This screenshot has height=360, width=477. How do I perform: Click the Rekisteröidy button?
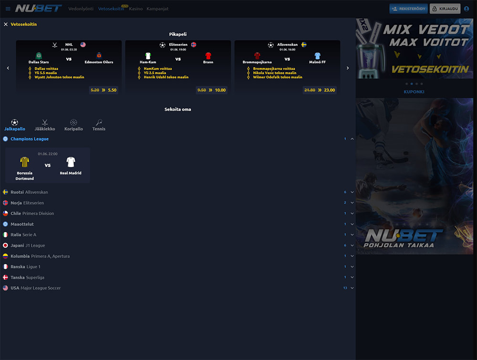click(x=408, y=9)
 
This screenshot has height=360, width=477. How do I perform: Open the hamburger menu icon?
click(x=8, y=9)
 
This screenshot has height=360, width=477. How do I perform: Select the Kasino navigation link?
click(x=136, y=9)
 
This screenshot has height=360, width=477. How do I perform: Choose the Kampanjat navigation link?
click(x=157, y=9)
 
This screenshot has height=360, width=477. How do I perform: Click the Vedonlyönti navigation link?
click(x=81, y=9)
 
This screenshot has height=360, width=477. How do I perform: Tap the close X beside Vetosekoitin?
click(x=6, y=24)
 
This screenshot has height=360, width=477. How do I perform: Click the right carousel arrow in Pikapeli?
click(x=347, y=68)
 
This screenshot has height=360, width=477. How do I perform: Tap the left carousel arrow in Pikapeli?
click(x=8, y=68)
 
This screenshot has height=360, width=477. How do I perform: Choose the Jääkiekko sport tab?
click(x=45, y=125)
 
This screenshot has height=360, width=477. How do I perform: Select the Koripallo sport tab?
click(x=73, y=125)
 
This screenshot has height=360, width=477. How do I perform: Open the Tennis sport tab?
click(x=99, y=125)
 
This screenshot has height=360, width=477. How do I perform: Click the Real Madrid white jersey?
click(x=71, y=162)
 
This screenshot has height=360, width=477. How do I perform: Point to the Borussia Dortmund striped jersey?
click(x=25, y=162)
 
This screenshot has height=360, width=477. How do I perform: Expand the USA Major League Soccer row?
click(x=352, y=288)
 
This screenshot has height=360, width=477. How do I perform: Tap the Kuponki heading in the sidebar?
click(x=414, y=92)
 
